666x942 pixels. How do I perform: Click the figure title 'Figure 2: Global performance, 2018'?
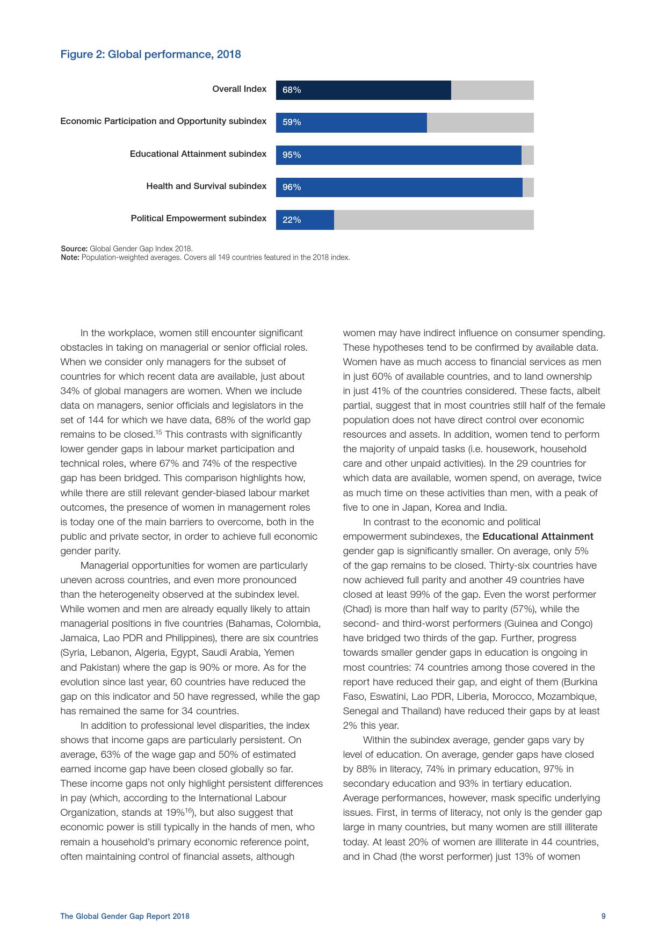(150, 54)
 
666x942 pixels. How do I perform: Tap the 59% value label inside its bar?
(292, 122)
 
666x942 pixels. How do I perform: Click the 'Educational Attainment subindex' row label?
(198, 154)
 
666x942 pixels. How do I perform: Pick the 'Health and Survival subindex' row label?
(206, 186)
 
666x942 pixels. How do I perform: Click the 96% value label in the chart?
(292, 187)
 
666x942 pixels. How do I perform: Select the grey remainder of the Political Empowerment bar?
(433, 220)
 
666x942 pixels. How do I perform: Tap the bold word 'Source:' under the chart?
(74, 249)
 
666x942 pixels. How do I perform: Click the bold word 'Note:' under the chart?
(70, 257)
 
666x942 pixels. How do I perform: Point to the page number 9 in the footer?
(603, 916)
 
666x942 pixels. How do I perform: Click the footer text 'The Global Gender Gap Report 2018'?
(125, 916)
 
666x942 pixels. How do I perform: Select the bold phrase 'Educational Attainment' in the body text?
(538, 537)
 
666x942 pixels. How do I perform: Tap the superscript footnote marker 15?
(159, 432)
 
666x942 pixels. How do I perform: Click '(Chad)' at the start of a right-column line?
(355, 609)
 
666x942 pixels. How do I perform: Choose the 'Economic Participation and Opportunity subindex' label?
(163, 121)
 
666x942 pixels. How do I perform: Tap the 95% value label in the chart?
(292, 155)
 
